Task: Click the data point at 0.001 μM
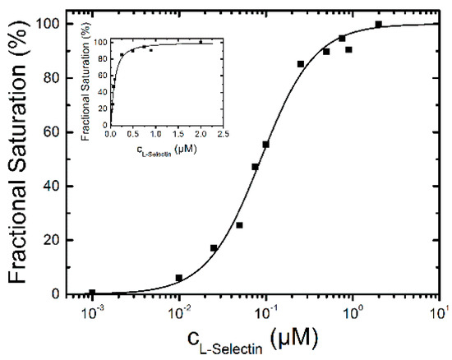pyautogui.click(x=92, y=293)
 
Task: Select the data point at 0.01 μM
pyautogui.click(x=179, y=278)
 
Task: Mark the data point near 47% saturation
pyautogui.click(x=256, y=167)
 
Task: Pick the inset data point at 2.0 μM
pyautogui.click(x=201, y=41)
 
